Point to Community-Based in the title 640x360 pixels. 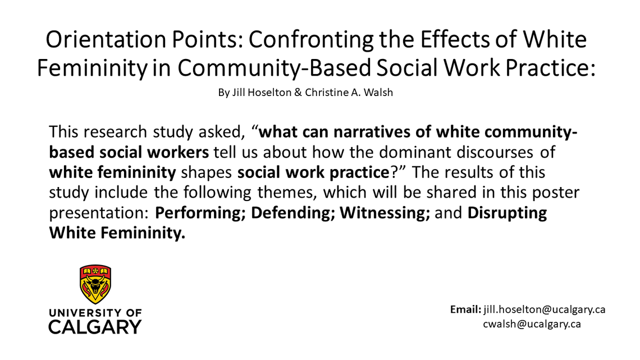(275, 67)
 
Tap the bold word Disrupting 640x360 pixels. (508, 213)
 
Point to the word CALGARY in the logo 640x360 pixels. (95, 326)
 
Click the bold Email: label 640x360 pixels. (465, 309)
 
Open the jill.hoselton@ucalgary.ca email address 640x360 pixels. (544, 309)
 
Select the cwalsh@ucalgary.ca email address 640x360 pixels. (532, 324)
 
